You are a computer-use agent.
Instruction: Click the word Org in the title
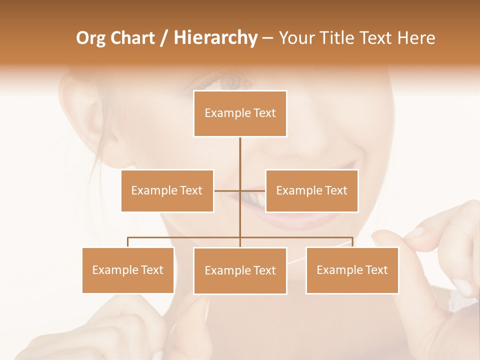click(x=90, y=38)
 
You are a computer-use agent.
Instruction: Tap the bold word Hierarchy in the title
click(x=215, y=38)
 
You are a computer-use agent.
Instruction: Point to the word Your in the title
click(x=296, y=38)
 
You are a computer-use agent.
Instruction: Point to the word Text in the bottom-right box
click(x=376, y=270)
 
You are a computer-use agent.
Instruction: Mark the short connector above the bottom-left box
click(x=128, y=242)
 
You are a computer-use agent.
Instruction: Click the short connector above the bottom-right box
click(x=352, y=242)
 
